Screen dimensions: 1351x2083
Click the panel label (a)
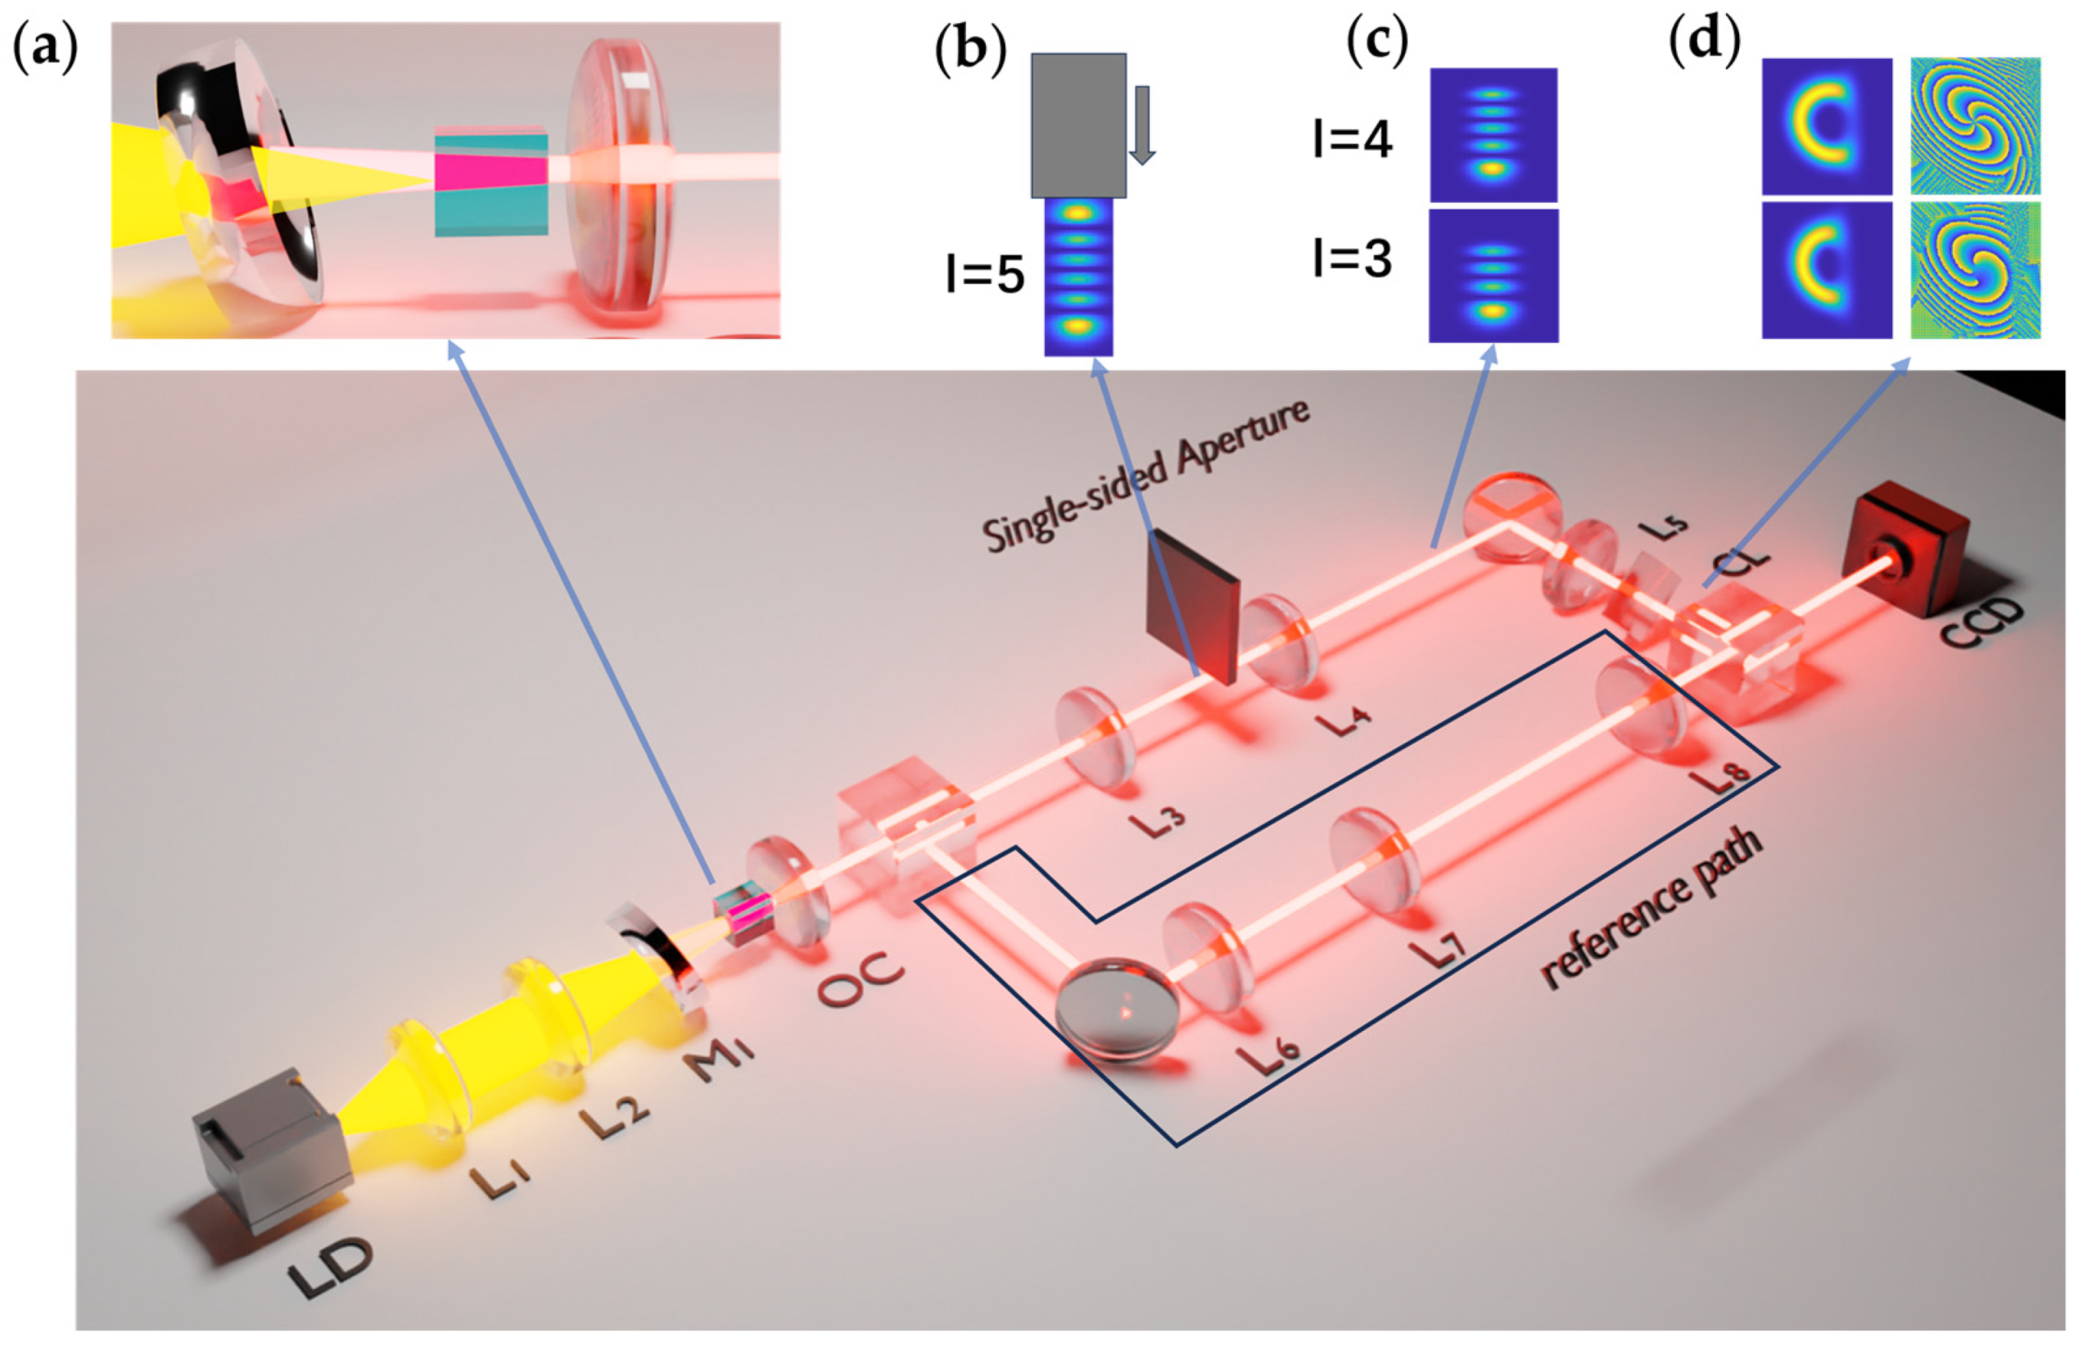(x=45, y=48)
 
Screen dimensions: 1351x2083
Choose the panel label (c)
(x=1376, y=42)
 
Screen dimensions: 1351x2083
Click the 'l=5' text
(x=985, y=275)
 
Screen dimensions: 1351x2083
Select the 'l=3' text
(x=1352, y=260)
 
